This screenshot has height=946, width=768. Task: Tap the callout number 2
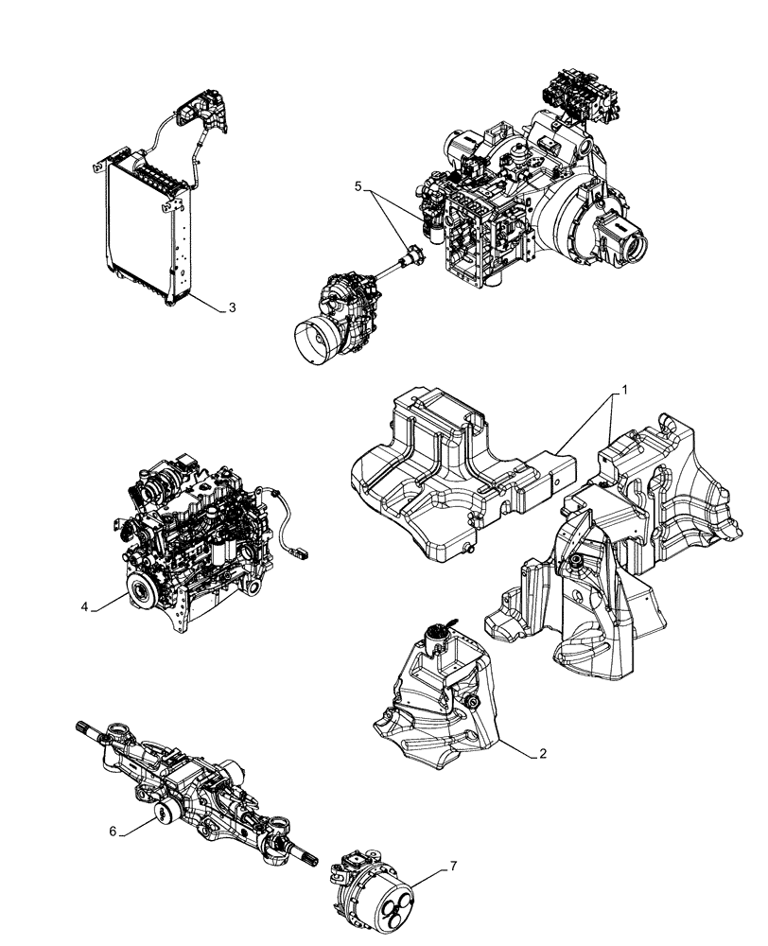542,754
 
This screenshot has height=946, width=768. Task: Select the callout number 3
232,308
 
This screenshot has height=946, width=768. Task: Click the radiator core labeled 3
142,227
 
